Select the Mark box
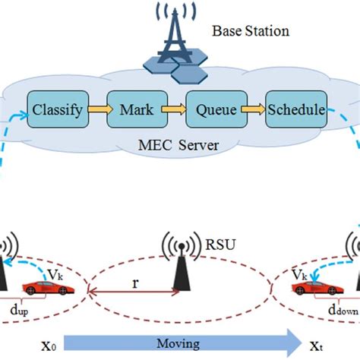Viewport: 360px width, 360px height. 132,111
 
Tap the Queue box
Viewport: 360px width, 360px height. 214,111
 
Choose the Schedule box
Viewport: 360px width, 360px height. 296,111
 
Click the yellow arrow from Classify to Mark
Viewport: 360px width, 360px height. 96,111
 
